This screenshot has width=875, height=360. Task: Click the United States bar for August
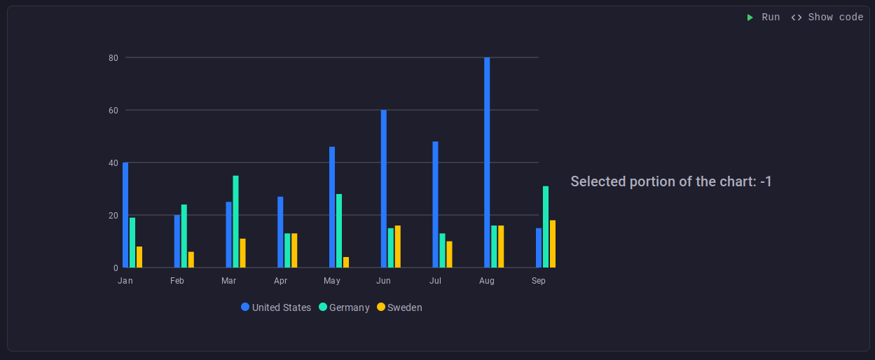(487, 162)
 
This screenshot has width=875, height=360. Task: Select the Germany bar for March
(235, 221)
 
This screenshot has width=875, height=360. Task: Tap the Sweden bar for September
(553, 244)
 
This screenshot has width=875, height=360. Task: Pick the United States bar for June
(384, 189)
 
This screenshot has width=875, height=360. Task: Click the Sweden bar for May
(346, 263)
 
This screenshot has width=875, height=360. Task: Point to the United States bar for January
(125, 215)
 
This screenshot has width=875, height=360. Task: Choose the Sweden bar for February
(191, 260)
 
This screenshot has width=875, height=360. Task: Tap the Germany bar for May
(339, 231)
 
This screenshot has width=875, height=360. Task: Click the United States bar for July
(435, 205)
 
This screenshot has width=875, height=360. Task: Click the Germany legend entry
(344, 307)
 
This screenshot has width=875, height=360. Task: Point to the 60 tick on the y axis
(113, 110)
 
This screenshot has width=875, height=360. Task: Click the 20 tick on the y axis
(113, 215)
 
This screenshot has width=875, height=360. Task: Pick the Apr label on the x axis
(280, 281)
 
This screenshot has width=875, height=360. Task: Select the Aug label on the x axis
(487, 281)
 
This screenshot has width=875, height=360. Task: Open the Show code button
(827, 17)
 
